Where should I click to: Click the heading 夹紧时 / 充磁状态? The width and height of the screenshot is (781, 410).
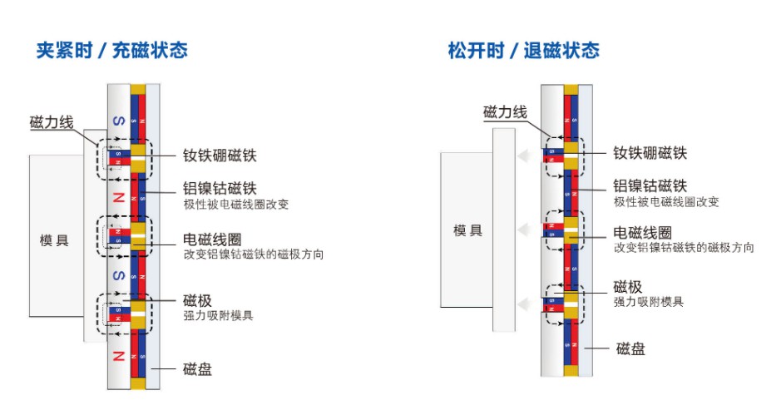pos(111,50)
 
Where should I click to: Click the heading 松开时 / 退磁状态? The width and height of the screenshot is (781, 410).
pos(523,50)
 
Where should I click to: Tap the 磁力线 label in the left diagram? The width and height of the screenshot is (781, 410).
pos(52,122)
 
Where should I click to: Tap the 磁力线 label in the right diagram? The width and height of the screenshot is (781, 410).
pos(505,112)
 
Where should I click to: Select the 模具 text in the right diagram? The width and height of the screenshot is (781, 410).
pos(467,230)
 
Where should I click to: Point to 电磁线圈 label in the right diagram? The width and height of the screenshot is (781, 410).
pos(642,232)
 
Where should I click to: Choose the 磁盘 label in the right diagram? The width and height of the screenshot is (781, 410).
pos(630,348)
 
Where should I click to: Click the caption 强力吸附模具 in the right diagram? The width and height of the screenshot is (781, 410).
pos(649,302)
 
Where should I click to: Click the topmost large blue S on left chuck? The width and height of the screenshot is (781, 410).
pos(118,121)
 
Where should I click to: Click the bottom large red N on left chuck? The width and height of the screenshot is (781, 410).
pos(118,355)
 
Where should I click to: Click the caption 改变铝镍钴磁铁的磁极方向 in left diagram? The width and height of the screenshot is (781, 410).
pos(254,254)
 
